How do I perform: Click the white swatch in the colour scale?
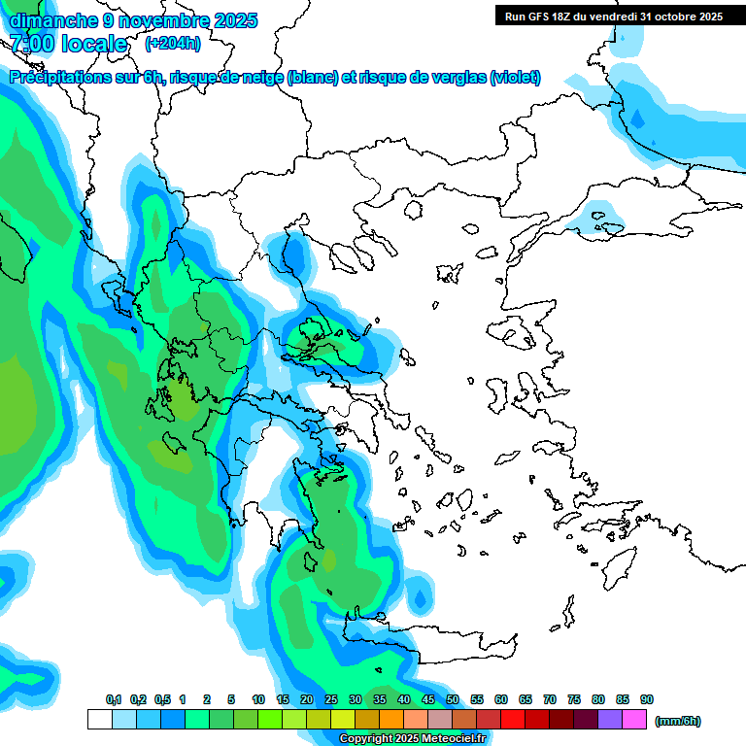pos(99,719)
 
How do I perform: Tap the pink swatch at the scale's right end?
pos(634,719)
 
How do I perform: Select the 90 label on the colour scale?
pos(647,700)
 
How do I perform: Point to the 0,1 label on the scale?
pos(114,700)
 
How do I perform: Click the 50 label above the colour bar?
pos(453,700)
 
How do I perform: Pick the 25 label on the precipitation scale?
pos(331,700)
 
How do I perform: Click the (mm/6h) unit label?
pos(678,721)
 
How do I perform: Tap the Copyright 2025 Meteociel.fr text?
pos(413,739)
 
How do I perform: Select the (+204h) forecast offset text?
pos(173,43)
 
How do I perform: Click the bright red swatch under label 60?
pos(513,719)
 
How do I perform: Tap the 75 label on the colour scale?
pos(574,700)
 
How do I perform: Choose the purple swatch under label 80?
pos(610,719)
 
